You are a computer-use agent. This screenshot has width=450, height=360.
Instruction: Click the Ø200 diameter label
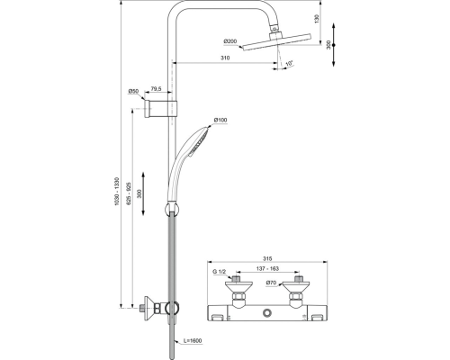(230, 41)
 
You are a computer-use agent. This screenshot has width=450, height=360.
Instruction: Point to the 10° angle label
(289, 64)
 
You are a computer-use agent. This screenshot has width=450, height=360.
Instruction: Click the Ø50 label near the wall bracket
(132, 91)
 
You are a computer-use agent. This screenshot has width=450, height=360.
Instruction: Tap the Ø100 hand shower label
(220, 120)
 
